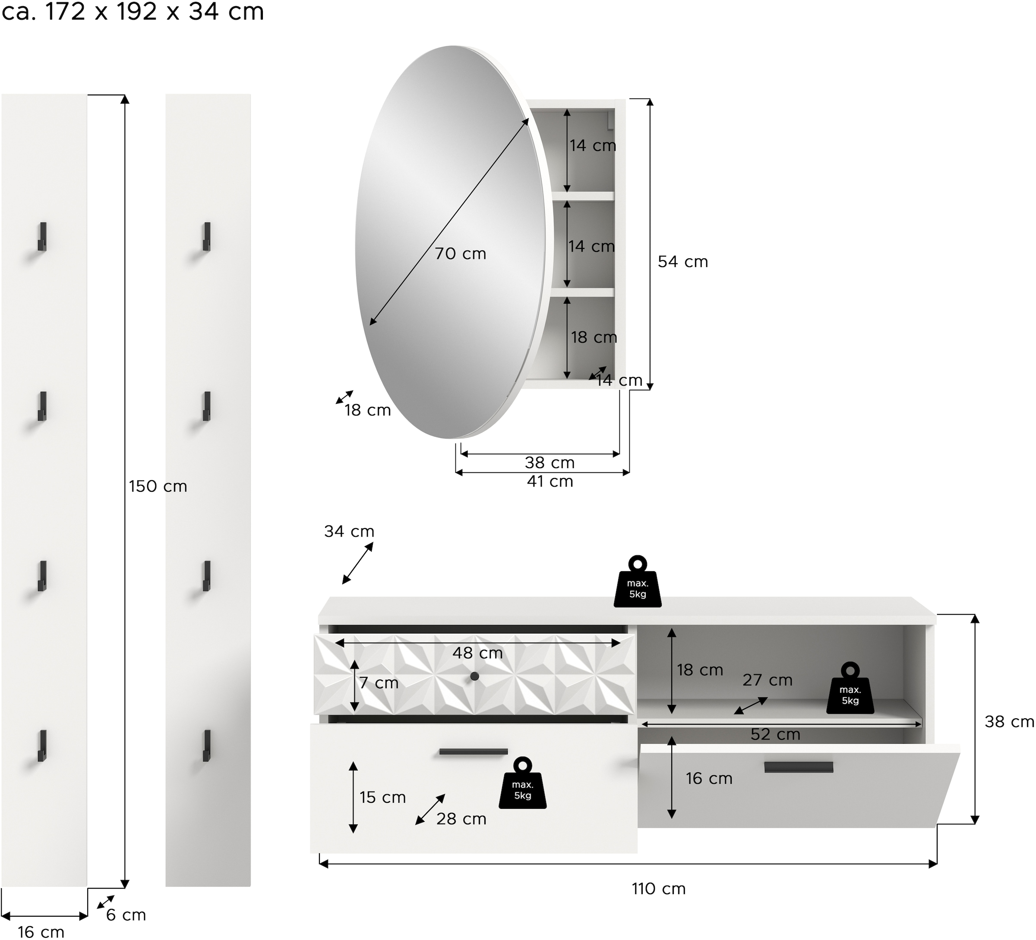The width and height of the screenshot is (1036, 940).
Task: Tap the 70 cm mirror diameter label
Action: [461, 253]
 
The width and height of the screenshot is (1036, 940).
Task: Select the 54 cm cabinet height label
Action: [682, 261]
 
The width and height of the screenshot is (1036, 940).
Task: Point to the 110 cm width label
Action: [658, 889]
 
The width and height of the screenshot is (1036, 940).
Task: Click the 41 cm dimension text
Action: [550, 481]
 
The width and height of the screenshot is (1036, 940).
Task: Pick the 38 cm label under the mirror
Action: [550, 462]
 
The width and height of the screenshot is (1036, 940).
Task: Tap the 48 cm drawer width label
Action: [477, 653]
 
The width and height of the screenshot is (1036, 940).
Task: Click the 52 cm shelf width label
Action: [775, 734]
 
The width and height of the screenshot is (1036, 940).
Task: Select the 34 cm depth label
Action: [349, 531]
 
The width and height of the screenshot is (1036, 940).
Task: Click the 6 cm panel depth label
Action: [126, 915]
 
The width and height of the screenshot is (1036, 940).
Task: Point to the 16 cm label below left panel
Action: [41, 932]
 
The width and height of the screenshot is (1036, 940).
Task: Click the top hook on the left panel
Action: [42, 236]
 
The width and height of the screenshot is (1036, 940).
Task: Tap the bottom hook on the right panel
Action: [207, 745]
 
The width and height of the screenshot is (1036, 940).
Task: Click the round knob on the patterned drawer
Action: [474, 676]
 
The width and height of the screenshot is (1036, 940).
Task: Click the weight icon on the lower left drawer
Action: [522, 783]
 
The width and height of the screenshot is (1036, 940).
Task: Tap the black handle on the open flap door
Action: [798, 767]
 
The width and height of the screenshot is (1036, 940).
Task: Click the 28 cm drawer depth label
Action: [461, 818]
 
